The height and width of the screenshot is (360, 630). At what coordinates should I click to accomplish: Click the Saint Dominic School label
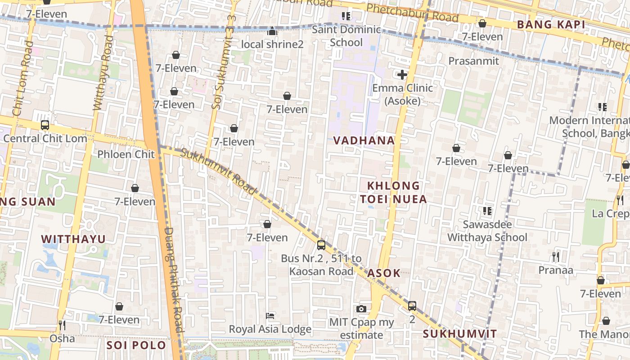tap(346, 36)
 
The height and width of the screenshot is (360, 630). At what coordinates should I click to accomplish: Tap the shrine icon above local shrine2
tap(272, 31)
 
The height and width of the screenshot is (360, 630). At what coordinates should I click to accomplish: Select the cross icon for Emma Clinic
tap(402, 75)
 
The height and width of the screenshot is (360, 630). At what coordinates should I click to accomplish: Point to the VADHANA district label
tap(364, 140)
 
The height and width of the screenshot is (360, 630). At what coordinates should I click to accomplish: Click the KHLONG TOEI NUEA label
tap(393, 192)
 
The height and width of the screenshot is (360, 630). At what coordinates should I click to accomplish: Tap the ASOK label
tap(384, 273)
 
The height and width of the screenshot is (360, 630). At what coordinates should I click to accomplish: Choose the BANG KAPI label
tap(551, 25)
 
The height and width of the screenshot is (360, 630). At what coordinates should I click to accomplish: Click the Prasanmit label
tap(473, 61)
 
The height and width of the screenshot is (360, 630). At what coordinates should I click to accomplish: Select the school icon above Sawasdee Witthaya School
tap(487, 211)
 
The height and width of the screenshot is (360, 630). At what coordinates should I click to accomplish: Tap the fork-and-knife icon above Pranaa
tap(556, 257)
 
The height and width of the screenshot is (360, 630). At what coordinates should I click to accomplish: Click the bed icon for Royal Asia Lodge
tap(270, 315)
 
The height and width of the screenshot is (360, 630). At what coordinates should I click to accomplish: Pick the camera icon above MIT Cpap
tap(361, 309)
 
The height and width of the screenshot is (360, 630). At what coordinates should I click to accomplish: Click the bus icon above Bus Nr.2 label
tap(321, 245)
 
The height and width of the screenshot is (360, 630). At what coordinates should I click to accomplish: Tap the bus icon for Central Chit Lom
tap(45, 125)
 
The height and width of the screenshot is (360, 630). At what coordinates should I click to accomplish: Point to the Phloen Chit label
tap(126, 154)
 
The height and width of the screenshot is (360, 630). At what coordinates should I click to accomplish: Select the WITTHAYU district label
tap(73, 239)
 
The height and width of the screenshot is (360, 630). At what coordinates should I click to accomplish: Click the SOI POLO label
tap(136, 346)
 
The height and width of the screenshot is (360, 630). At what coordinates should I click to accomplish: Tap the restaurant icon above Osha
tap(62, 325)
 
